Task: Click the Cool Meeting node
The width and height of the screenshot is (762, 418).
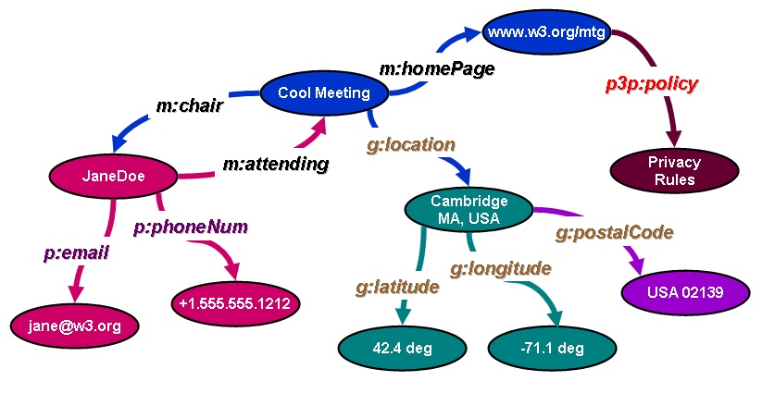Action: tap(323, 92)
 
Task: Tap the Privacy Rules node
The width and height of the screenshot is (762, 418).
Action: tap(674, 171)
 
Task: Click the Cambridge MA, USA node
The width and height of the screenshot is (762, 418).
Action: tap(469, 209)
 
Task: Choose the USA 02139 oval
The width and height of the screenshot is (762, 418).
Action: tap(685, 292)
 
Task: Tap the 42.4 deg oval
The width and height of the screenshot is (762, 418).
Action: tap(402, 349)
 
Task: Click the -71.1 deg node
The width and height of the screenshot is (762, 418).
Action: tap(552, 349)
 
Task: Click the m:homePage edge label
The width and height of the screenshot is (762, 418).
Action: tap(436, 68)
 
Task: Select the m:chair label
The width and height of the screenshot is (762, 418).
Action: tap(189, 105)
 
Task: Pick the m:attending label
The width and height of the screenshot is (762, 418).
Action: tap(276, 165)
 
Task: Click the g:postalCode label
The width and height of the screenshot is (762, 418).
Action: tap(614, 232)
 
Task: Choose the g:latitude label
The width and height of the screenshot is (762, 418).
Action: tap(396, 287)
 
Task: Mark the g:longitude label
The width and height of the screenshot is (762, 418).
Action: tap(500, 269)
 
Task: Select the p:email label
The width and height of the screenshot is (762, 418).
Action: tap(76, 252)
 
